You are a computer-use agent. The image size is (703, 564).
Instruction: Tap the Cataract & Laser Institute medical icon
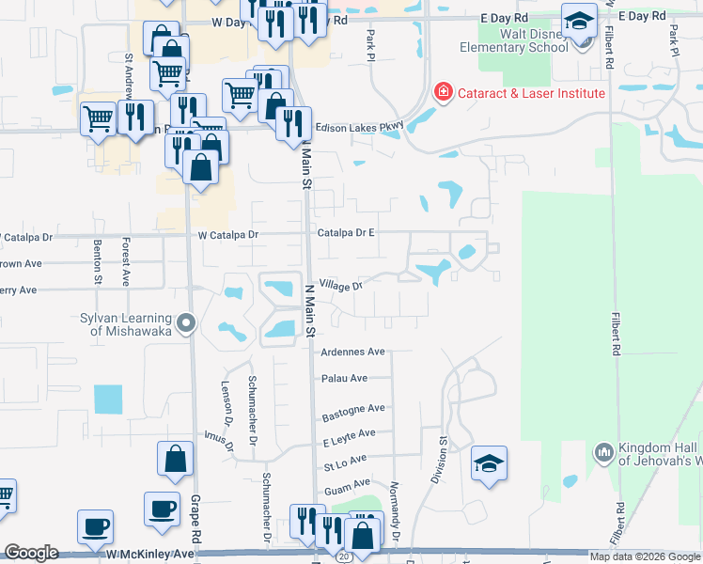(441, 93)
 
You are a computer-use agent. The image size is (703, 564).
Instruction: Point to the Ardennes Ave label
(353, 352)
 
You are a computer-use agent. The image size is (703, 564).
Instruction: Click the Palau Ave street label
(345, 379)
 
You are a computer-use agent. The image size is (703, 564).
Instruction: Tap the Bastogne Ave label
(353, 409)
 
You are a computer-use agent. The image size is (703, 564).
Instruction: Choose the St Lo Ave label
(343, 462)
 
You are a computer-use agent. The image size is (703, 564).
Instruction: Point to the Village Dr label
(340, 284)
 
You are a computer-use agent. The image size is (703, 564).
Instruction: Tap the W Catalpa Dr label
(227, 234)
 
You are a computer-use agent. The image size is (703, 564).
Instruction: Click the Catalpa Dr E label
(346, 231)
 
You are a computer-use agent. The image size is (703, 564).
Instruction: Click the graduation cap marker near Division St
(489, 463)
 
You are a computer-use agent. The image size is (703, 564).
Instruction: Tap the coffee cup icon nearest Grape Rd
(162, 509)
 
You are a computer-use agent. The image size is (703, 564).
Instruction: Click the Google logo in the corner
(31, 553)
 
